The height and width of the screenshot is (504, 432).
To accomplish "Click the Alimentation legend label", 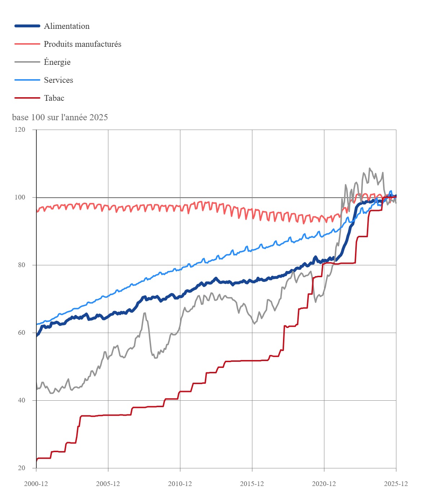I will tap(67, 26).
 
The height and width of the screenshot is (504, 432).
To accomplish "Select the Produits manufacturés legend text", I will tap(82, 44).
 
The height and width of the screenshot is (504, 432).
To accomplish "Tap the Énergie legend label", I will tap(57, 62).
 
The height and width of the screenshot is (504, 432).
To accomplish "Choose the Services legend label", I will tap(58, 80).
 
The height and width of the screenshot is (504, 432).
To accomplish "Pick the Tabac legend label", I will tap(54, 98).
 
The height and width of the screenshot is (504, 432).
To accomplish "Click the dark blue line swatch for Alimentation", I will tap(27, 26).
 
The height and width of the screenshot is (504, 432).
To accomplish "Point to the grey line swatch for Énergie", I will tap(27, 62).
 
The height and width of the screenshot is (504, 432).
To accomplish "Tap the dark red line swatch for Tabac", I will tap(27, 98).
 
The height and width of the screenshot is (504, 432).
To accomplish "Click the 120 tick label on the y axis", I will tap(21, 130).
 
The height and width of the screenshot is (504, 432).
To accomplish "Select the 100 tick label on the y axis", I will tap(21, 197).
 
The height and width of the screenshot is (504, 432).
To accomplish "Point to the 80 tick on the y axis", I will tap(22, 265).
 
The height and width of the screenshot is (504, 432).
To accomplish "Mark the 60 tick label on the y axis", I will tap(22, 333).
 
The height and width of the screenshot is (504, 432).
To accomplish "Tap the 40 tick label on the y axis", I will tap(22, 400).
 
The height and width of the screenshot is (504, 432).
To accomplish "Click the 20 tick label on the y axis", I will tap(22, 468).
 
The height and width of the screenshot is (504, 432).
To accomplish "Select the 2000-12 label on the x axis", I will tap(36, 483).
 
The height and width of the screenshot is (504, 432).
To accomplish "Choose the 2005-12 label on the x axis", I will tap(108, 483).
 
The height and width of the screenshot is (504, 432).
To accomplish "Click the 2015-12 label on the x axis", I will tap(252, 483).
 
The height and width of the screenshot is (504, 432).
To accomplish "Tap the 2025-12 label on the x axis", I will tap(396, 483).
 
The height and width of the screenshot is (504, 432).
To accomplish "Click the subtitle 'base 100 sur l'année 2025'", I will tap(60, 117).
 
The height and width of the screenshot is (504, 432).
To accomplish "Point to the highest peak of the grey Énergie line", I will tap(369, 168).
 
